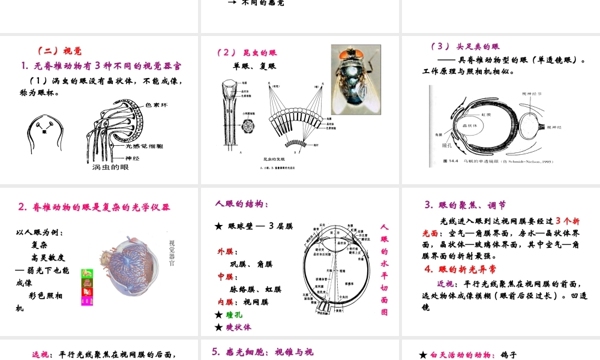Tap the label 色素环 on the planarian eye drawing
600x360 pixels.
[157, 104]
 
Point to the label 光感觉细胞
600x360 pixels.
[145, 146]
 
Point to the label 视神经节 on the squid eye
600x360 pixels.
[532, 94]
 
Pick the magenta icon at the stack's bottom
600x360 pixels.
[86, 301]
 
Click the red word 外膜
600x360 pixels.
[227, 251]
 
